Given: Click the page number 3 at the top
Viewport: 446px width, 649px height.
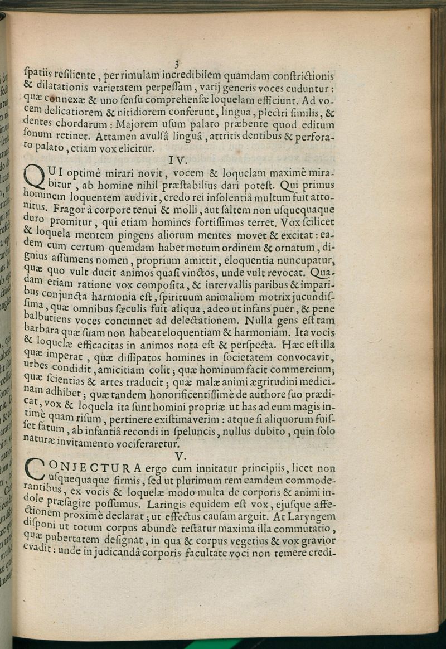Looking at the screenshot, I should click(x=176, y=64).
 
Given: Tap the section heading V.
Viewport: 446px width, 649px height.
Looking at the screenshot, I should click(x=180, y=456).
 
